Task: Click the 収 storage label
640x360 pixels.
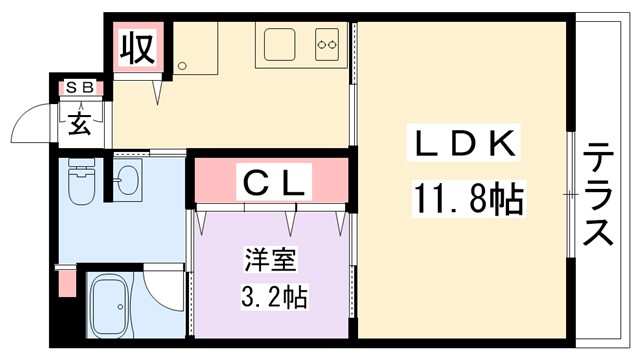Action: pyautogui.click(x=136, y=48)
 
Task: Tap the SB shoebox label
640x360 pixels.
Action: pyautogui.click(x=79, y=89)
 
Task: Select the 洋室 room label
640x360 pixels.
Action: pyautogui.click(x=268, y=263)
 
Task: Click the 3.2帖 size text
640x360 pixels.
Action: pyautogui.click(x=273, y=297)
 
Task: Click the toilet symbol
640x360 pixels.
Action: pyautogui.click(x=79, y=183)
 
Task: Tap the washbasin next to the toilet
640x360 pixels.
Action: pyautogui.click(x=127, y=181)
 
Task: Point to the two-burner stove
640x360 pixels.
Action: pyautogui.click(x=327, y=44)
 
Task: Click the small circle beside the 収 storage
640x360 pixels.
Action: pyautogui.click(x=182, y=66)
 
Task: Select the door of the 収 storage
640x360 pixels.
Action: pyautogui.click(x=157, y=88)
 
